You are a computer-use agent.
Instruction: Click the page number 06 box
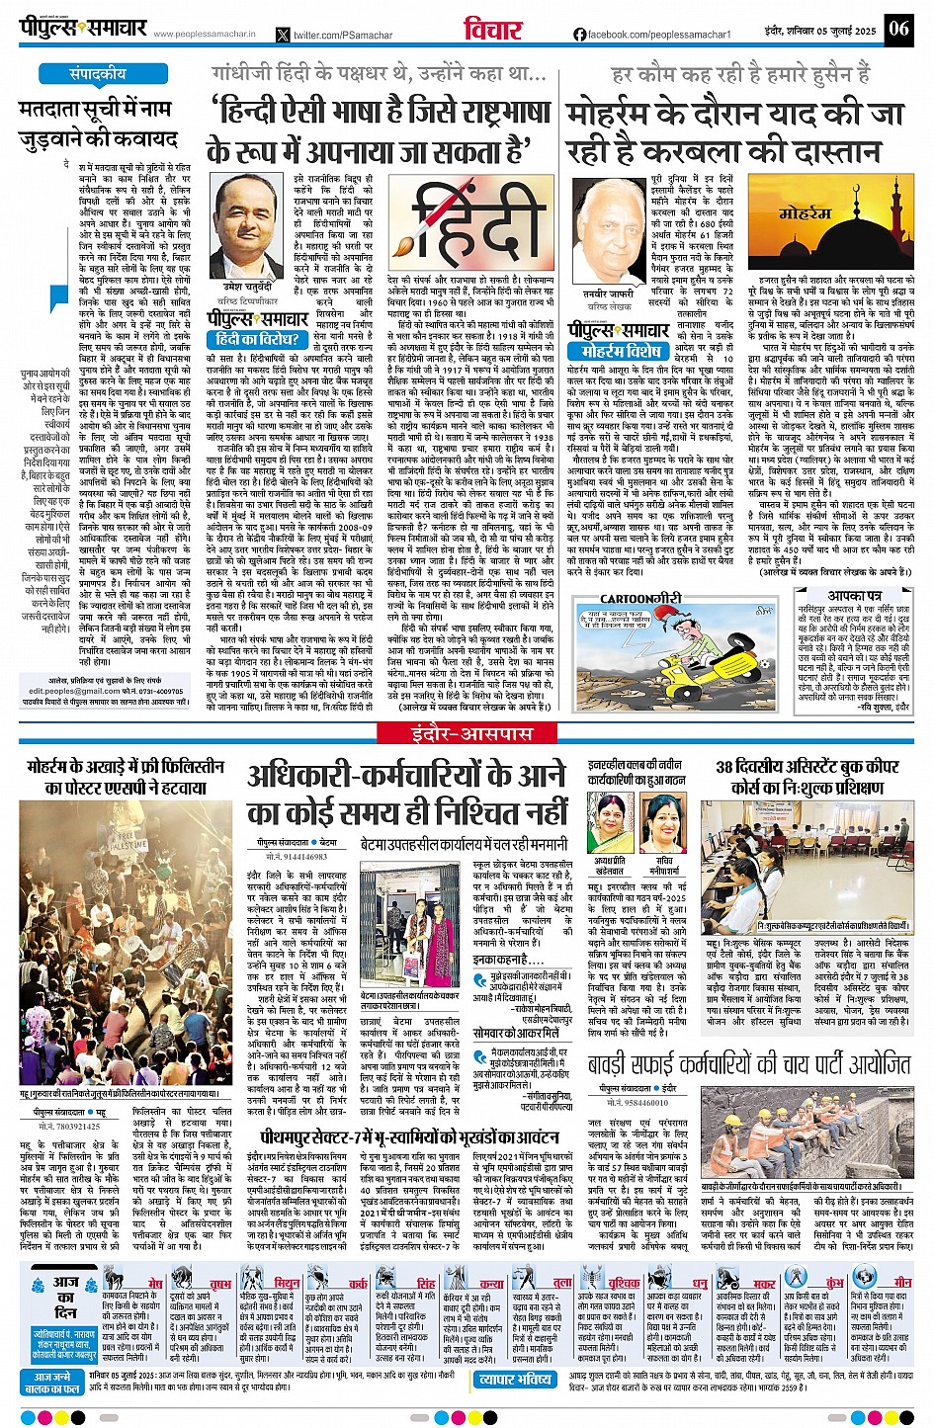898,28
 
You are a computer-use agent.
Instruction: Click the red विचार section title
492,30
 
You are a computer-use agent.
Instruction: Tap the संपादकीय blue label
98,74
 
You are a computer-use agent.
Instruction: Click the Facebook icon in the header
579,35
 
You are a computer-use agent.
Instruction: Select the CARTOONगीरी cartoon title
641,598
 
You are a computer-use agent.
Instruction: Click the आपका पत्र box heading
854,596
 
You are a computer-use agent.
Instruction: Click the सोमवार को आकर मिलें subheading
516,1005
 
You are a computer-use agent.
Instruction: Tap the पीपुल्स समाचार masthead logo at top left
83,29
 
